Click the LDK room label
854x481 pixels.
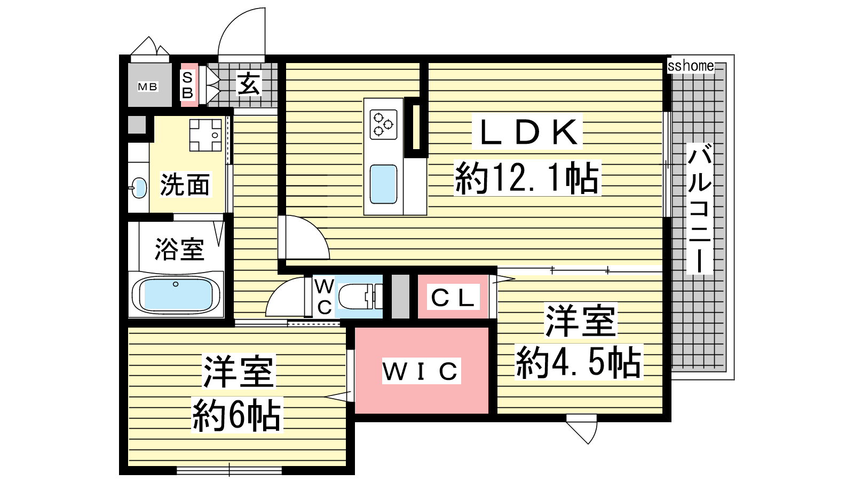527,132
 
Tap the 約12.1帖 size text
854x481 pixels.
527,178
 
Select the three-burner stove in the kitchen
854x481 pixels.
383,124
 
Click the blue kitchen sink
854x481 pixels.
383,184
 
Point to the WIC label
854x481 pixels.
421,371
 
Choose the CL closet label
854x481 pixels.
453,298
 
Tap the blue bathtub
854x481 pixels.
176,294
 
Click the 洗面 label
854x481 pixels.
185,185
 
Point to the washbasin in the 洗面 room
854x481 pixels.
139,188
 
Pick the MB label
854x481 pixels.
147,87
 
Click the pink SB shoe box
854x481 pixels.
188,85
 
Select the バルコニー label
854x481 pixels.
700,208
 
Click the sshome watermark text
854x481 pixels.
691,66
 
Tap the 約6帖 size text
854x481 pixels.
237,415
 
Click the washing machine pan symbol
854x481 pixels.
205,135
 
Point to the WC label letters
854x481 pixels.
325,296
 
